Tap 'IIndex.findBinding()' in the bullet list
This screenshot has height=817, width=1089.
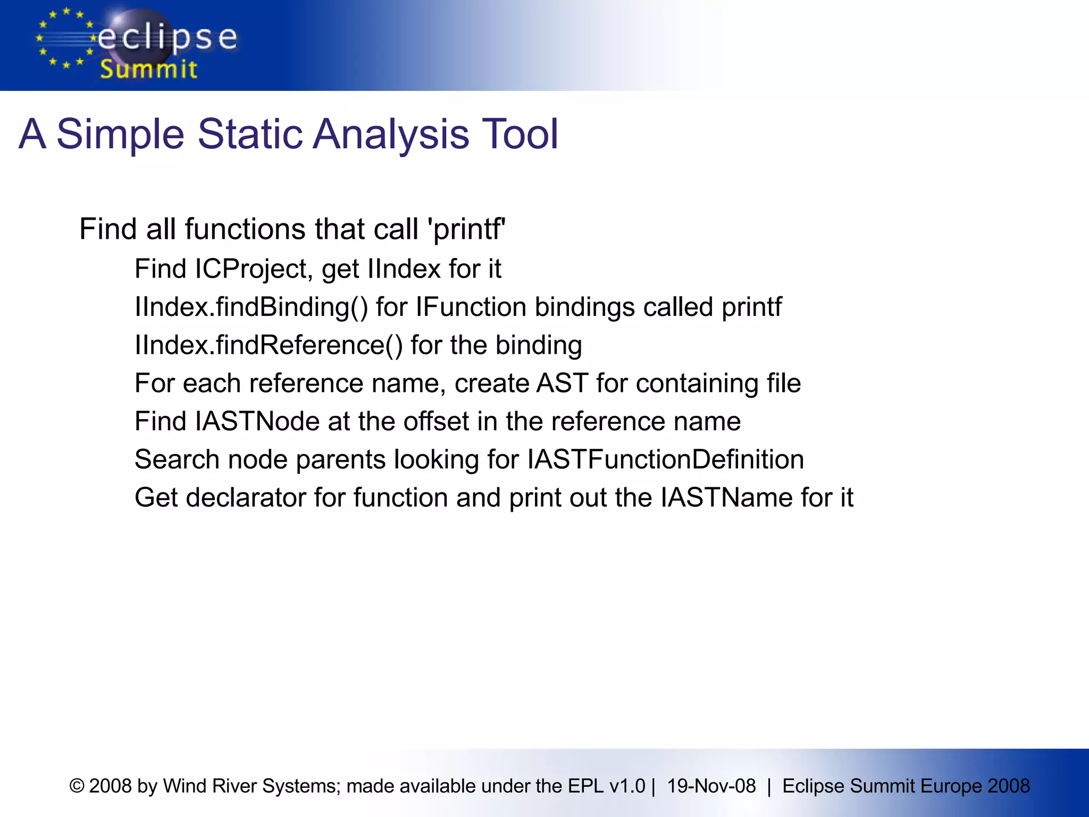pos(251,307)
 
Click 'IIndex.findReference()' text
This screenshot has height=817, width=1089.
pos(269,345)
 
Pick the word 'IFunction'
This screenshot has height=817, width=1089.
pos(471,307)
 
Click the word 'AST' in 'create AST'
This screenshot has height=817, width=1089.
pos(562,383)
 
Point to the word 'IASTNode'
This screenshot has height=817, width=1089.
pos(257,421)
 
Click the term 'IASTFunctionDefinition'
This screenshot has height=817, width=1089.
pos(665,460)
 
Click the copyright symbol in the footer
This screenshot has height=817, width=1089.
pos(77,786)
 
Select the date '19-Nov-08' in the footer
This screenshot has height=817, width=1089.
pos(711,786)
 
